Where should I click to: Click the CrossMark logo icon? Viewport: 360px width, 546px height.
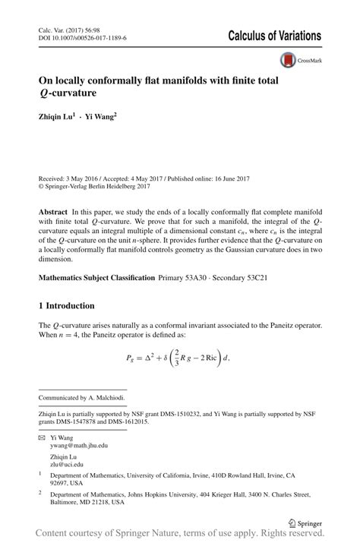click(x=289, y=58)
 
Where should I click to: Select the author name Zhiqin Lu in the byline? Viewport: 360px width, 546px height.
click(x=55, y=117)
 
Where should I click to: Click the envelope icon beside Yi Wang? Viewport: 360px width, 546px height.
click(x=42, y=438)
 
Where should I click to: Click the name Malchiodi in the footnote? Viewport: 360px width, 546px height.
click(x=105, y=397)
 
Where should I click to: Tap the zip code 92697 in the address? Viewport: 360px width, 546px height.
click(x=58, y=482)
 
